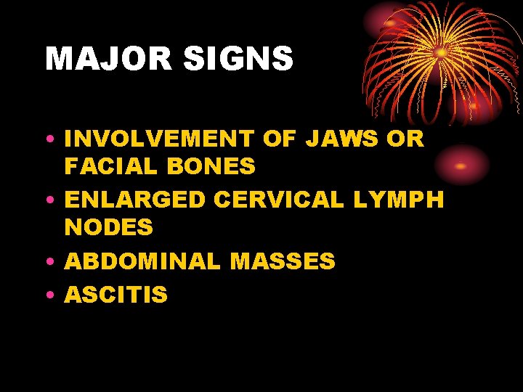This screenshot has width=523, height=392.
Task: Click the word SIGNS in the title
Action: (240, 59)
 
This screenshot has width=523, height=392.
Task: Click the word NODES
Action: (108, 228)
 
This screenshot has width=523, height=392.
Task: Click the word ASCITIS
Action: (116, 295)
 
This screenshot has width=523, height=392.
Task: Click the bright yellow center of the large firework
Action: (441, 52)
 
